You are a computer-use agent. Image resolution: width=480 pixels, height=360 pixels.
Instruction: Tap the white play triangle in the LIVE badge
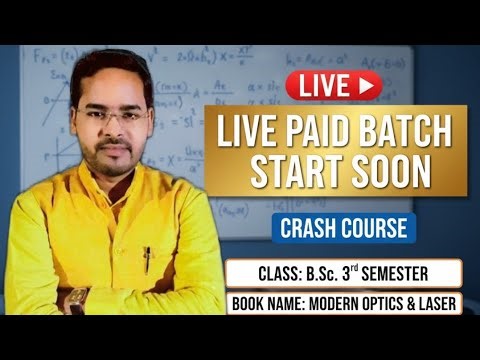(x=364, y=86)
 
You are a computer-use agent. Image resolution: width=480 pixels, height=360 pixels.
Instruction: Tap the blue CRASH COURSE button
(x=343, y=228)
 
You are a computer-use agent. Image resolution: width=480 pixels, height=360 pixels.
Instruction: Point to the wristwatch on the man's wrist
(x=76, y=297)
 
